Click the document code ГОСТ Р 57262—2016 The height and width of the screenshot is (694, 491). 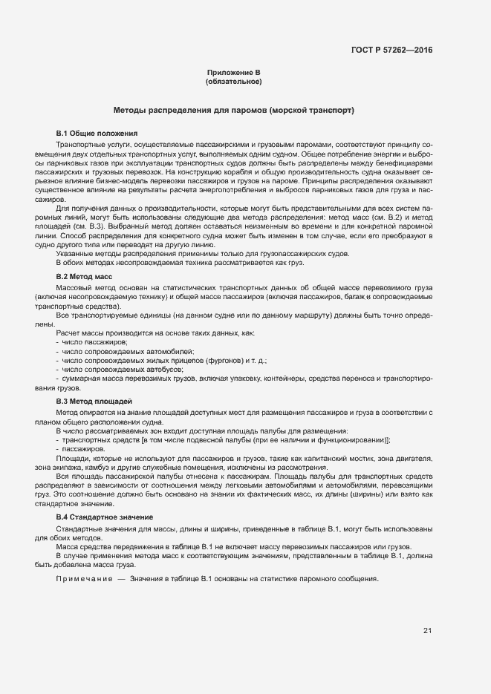coord(391,50)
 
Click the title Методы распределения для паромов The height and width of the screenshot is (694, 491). coord(233,110)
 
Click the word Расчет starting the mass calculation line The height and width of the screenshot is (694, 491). coord(68,333)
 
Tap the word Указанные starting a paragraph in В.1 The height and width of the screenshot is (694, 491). coord(74,254)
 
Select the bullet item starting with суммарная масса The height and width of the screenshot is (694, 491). coord(223,378)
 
